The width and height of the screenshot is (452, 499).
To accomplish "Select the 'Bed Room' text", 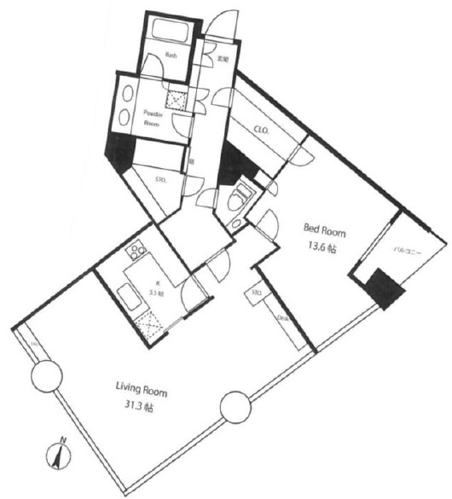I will pos(325,228).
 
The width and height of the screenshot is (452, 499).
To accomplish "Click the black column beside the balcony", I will pos(382,288).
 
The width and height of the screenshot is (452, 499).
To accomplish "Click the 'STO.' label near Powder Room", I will pos(159,180).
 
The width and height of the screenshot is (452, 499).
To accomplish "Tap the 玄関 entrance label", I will pos(222,59).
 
